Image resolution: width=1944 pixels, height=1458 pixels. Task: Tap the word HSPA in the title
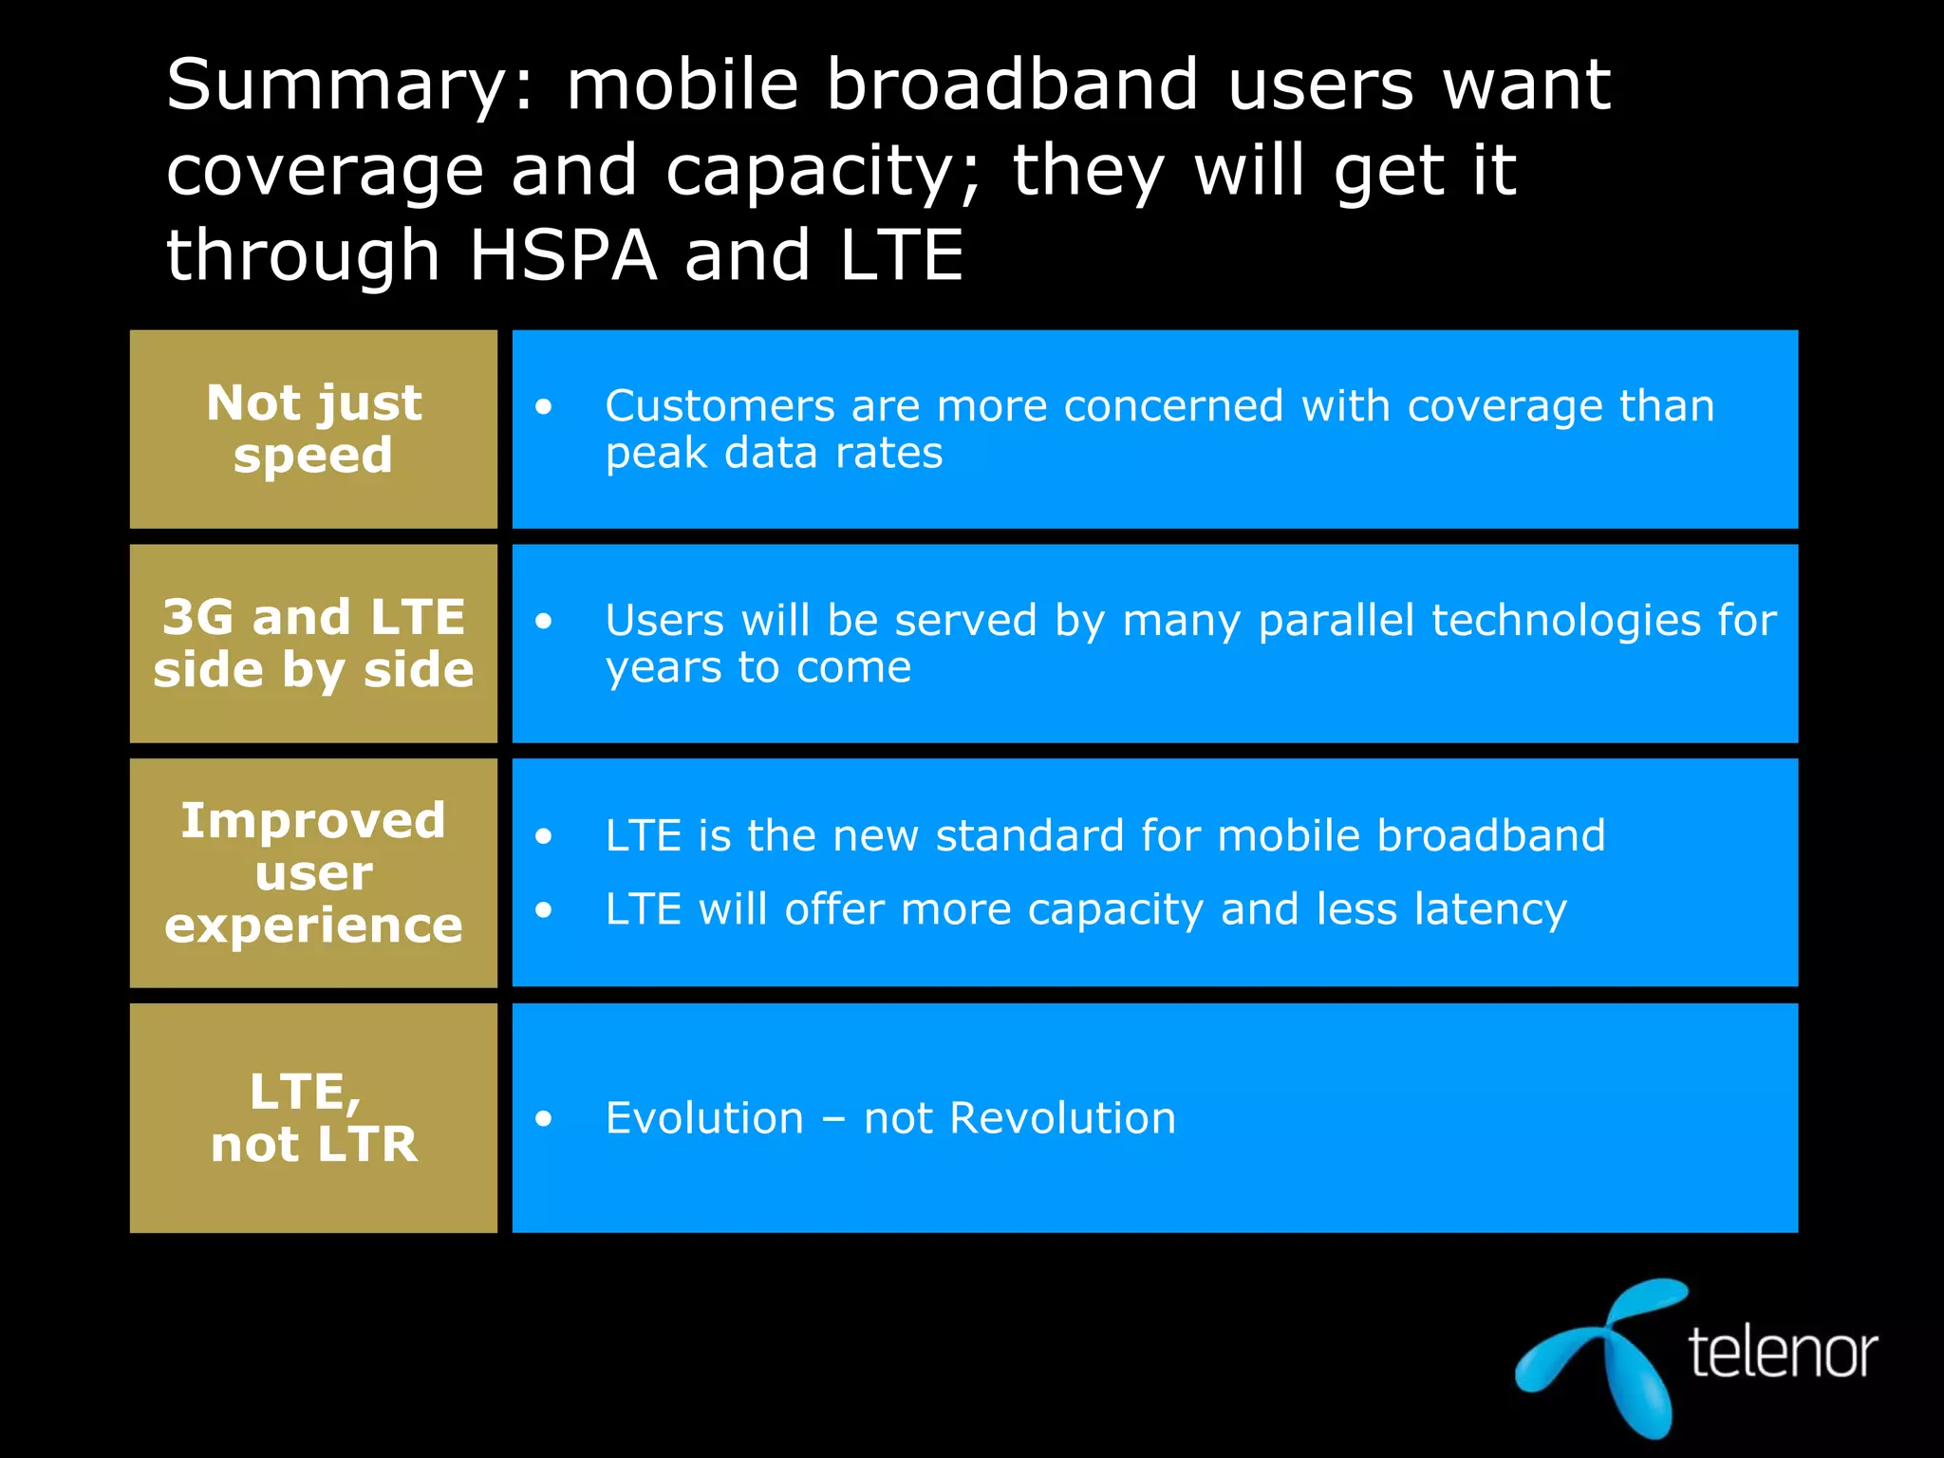[563, 256]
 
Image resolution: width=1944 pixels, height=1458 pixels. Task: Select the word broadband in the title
[1012, 85]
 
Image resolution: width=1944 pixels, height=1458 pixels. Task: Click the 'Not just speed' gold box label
[313, 429]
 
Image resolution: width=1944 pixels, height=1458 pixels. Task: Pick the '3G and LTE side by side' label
[313, 644]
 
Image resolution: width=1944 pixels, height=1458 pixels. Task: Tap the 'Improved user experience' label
[313, 872]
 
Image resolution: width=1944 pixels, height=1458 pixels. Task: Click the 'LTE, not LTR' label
[313, 1118]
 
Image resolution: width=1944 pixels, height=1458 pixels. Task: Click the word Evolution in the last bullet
[704, 1118]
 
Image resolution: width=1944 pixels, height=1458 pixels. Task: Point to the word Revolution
[1062, 1118]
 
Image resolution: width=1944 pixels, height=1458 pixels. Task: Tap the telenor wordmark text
[1782, 1352]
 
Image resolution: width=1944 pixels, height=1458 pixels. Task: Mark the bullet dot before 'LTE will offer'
[543, 910]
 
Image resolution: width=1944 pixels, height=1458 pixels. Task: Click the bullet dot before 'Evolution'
[543, 1119]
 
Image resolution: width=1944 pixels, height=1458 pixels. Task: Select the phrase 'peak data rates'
[774, 454]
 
